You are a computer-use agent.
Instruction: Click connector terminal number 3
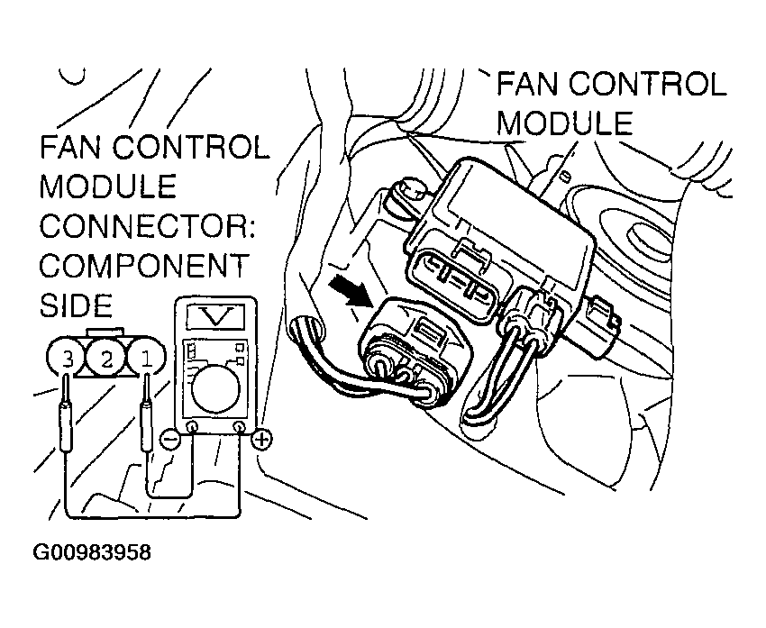[67, 360]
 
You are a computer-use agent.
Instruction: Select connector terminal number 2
[106, 360]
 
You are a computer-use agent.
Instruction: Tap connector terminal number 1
[145, 360]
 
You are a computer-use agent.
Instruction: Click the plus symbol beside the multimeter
[261, 440]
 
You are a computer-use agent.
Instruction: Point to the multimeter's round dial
[214, 383]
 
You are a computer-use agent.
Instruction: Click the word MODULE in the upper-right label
[565, 123]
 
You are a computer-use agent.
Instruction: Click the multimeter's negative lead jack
[191, 427]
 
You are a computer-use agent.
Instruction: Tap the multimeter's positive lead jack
[239, 427]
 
